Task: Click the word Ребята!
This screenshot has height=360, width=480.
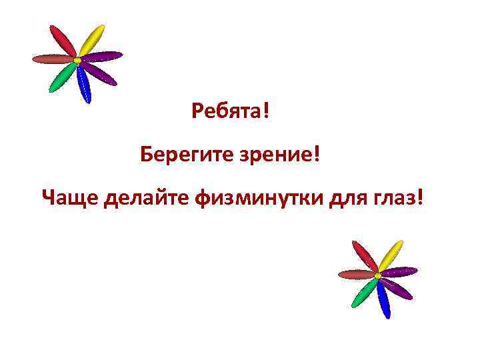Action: [231, 110]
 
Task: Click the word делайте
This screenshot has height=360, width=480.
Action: [146, 197]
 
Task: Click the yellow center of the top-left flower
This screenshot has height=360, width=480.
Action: [77, 61]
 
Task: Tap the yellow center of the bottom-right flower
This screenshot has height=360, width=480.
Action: [378, 275]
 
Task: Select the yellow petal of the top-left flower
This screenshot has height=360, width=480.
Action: [92, 40]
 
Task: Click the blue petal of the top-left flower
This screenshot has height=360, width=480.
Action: [83, 83]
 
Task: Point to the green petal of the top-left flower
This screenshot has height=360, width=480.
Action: [62, 77]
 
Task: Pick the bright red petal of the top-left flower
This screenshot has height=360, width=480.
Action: [64, 41]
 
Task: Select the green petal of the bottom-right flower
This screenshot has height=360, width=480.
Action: [363, 291]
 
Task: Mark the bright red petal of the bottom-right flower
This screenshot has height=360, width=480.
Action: [365, 257]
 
